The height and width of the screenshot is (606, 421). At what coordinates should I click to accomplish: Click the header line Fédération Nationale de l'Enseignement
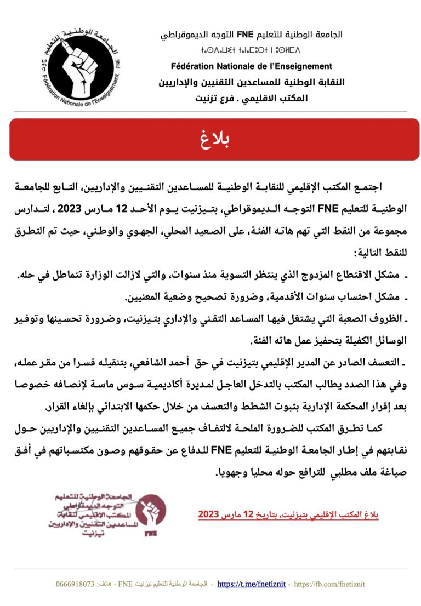point(252,66)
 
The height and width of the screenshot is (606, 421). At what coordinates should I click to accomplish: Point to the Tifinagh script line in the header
point(252,52)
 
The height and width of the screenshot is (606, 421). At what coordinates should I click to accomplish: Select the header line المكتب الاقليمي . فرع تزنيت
point(252,99)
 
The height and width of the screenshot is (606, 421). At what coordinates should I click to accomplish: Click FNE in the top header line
point(244,35)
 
